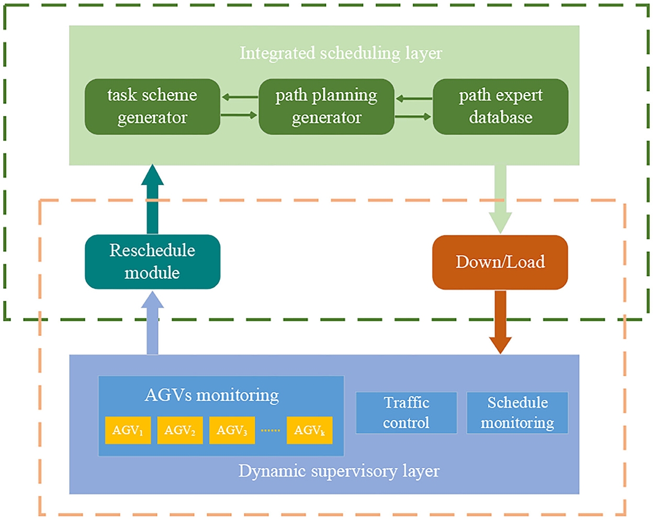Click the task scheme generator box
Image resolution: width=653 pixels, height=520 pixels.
pyautogui.click(x=152, y=107)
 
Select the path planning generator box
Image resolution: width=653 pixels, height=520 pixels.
pyautogui.click(x=326, y=107)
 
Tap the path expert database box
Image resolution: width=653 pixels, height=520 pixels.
pyautogui.click(x=500, y=107)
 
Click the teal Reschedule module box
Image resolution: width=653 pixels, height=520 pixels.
pyautogui.click(x=152, y=262)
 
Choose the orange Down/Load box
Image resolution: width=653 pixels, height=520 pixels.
pyautogui.click(x=500, y=262)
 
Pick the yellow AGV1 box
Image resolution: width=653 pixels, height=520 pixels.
pyautogui.click(x=128, y=431)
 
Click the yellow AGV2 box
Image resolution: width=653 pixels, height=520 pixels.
pyautogui.click(x=180, y=431)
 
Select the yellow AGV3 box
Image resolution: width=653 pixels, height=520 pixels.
pyautogui.click(x=232, y=431)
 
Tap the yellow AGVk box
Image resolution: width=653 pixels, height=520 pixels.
pyautogui.click(x=309, y=431)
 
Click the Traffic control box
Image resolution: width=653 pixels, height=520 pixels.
pyautogui.click(x=407, y=413)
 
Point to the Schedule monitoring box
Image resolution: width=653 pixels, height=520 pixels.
pyautogui.click(x=517, y=413)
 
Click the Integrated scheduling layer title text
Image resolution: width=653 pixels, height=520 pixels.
pyautogui.click(x=341, y=53)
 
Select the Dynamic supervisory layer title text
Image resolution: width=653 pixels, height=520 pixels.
pyautogui.click(x=339, y=471)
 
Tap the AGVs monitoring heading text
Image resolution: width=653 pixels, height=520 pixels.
pyautogui.click(x=212, y=395)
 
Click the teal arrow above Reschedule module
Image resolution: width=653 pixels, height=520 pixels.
pyautogui.click(x=152, y=199)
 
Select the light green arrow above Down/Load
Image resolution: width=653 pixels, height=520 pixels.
pyautogui.click(x=500, y=199)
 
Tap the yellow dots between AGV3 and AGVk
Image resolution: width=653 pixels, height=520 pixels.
pyautogui.click(x=271, y=431)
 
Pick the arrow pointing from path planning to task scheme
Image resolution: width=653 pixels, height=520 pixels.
pyautogui.click(x=240, y=97)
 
